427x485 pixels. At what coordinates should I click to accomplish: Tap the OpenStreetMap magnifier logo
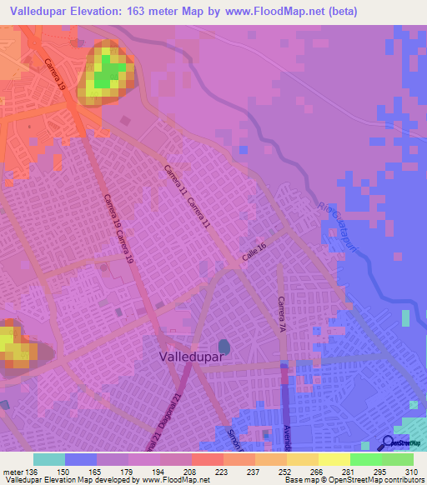click(388, 443)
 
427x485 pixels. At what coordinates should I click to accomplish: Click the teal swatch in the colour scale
click(49, 459)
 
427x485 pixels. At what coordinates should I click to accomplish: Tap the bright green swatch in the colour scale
click(366, 459)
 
